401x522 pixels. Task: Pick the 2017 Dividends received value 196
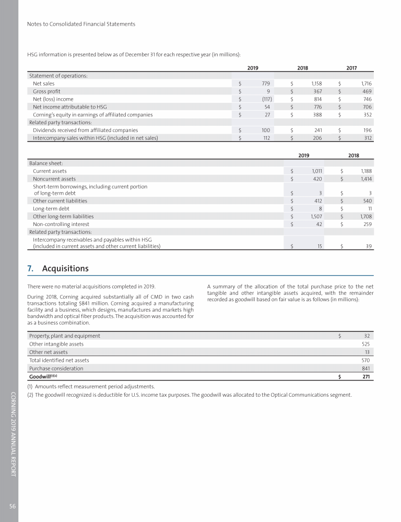(x=365, y=130)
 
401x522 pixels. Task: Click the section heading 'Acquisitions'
(x=65, y=269)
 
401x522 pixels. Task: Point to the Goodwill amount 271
(x=366, y=376)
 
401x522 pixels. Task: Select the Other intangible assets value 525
(x=366, y=344)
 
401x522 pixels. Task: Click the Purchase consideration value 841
(x=366, y=368)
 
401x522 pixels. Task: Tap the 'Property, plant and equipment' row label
(x=65, y=336)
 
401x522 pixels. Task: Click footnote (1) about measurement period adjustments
(x=91, y=386)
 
